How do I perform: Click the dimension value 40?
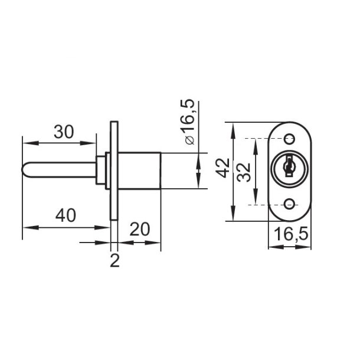click(x=66, y=216)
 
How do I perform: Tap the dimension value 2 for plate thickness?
click(x=114, y=260)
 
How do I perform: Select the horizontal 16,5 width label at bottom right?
click(x=289, y=234)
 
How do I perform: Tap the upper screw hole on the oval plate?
click(x=289, y=139)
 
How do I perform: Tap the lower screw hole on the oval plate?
click(x=289, y=204)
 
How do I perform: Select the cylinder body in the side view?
click(x=140, y=171)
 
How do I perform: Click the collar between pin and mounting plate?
click(x=104, y=171)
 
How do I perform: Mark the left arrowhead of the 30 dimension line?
click(x=25, y=142)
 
